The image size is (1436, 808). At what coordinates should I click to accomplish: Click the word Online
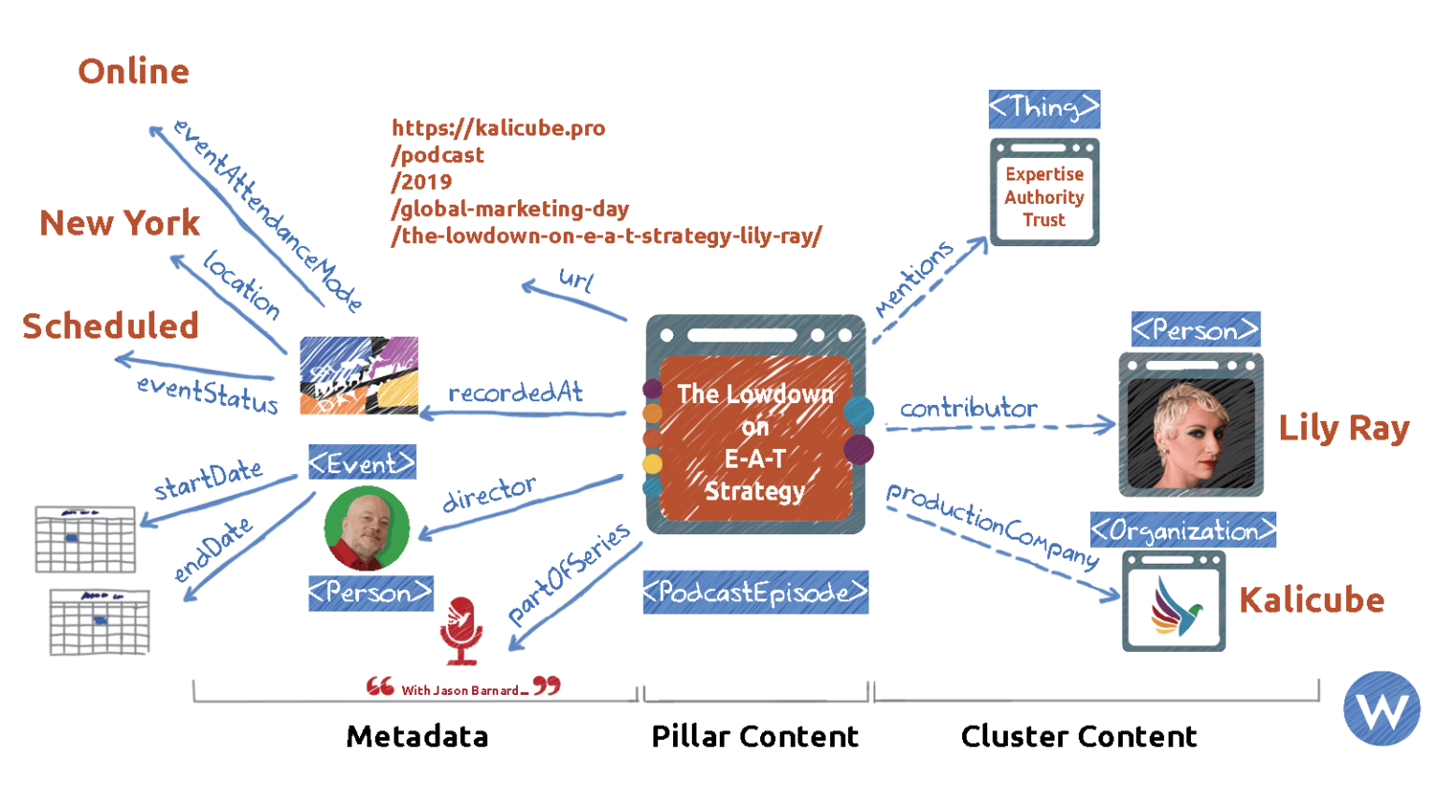coord(134,72)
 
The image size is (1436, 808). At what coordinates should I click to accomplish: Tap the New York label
coord(120,224)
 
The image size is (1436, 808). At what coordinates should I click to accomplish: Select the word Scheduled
coord(110,326)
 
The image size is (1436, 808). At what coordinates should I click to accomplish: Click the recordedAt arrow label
coord(515,393)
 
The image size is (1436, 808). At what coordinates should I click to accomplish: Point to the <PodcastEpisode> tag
coord(755,592)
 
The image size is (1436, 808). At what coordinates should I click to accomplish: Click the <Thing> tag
coord(1043,109)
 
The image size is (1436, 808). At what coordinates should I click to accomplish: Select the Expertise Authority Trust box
coord(1044,194)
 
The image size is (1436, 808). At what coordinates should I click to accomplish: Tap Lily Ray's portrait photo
coord(1191,425)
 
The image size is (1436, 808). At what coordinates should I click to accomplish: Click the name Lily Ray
coord(1343,429)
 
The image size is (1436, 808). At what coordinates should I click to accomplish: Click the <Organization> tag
coord(1183,530)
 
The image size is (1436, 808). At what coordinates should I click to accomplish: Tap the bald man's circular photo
coord(366,528)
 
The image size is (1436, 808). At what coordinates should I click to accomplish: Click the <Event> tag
coord(363,462)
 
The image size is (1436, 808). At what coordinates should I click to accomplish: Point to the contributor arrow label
coord(968,409)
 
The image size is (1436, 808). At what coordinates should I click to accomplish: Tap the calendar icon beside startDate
coord(85,540)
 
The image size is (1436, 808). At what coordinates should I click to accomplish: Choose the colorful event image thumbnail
coord(358,375)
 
